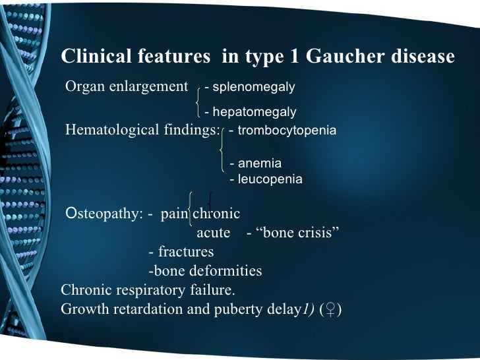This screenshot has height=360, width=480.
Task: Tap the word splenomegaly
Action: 253,87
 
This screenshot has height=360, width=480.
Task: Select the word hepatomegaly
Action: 254,113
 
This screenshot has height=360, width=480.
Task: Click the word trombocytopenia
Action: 287,131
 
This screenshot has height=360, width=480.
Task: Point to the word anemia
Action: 259,163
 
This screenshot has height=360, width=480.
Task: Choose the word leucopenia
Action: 270,179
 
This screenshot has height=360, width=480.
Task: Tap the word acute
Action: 214,233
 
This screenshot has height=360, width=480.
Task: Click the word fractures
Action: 185,252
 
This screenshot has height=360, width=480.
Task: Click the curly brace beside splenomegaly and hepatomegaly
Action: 198,100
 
